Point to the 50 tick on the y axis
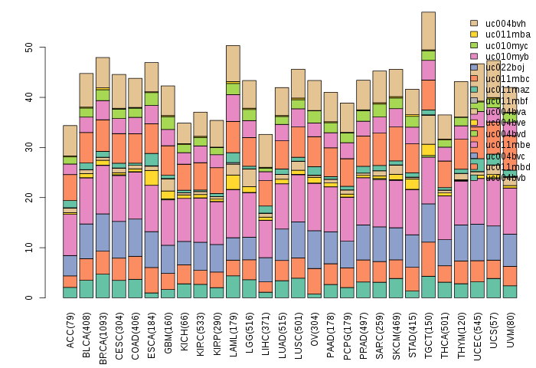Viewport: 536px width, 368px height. point(30,48)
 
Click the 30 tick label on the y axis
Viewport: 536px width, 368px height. point(30,148)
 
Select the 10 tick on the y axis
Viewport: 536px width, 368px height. point(30,248)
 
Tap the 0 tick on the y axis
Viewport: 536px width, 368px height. point(30,298)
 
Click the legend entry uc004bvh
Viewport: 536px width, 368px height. point(506,24)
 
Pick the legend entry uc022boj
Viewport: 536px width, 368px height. point(506,67)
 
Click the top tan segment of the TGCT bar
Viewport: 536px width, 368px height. point(430,31)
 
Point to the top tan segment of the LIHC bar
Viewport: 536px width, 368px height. point(266,151)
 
